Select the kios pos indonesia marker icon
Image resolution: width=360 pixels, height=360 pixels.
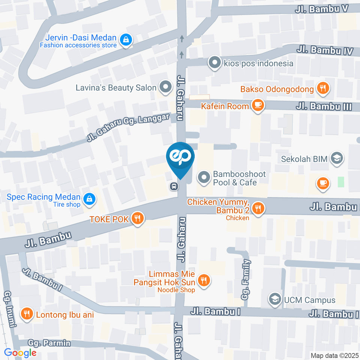click(214, 63)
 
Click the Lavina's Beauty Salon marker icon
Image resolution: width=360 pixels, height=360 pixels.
click(165, 88)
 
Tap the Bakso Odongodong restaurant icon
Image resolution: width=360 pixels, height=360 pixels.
click(322, 89)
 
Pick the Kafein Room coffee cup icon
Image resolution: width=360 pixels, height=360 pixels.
click(258, 106)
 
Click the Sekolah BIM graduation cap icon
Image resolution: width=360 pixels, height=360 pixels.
click(337, 159)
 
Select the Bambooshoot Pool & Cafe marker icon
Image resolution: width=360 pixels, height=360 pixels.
click(204, 178)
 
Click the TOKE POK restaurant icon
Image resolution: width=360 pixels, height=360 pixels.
click(138, 219)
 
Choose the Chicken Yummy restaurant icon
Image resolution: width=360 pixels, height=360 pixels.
click(258, 208)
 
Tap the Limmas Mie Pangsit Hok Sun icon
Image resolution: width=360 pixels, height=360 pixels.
click(204, 280)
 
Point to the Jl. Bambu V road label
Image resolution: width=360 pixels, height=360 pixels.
click(322, 9)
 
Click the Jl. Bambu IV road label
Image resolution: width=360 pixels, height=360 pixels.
click(325, 50)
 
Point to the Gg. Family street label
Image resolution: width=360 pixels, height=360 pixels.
click(246, 279)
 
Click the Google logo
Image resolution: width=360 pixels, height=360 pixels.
click(20, 352)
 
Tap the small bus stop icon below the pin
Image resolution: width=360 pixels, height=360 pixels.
click(174, 186)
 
